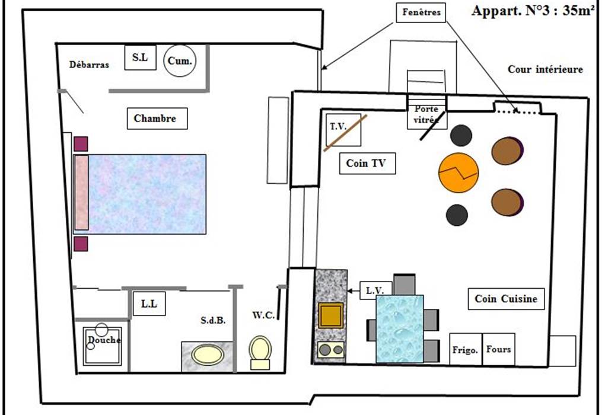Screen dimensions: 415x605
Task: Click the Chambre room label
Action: tap(155, 119)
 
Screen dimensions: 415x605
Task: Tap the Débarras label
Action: tap(89, 65)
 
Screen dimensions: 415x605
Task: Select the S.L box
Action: tap(140, 58)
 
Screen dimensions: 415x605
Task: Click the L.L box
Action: tap(148, 305)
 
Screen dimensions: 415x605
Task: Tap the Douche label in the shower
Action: tap(104, 340)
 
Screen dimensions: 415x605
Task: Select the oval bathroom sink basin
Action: tap(207, 355)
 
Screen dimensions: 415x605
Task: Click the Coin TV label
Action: tap(367, 164)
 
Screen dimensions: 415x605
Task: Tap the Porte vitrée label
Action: tap(426, 114)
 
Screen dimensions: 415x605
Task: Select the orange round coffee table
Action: tap(458, 172)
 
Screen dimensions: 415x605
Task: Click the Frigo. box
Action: tap(465, 350)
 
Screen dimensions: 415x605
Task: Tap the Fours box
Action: tap(498, 349)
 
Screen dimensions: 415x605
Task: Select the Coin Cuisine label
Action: tap(506, 299)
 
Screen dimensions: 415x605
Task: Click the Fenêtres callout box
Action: tap(421, 11)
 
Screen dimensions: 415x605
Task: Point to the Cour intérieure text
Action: tap(545, 69)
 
